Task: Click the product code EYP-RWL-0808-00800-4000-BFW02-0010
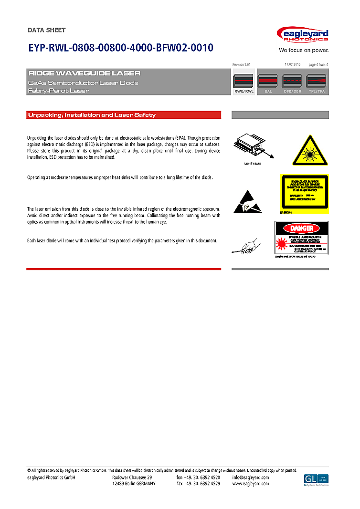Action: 120,48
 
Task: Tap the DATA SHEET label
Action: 47,30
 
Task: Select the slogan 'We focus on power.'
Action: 304,50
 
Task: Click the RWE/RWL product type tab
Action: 244,84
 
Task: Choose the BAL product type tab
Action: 268,84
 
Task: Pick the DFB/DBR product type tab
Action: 293,84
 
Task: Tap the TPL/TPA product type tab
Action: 317,84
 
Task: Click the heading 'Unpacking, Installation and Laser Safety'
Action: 92,115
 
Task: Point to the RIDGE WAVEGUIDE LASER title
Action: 85,73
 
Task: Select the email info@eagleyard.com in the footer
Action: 251,478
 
